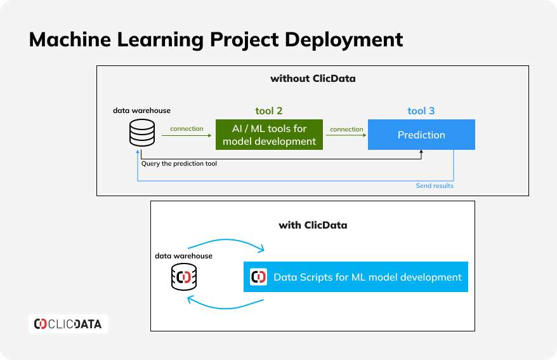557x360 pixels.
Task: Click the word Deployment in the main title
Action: pos(344,40)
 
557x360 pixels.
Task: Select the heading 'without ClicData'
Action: pos(313,79)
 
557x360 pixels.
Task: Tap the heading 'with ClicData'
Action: pos(313,225)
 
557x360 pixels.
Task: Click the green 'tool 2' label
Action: pos(269,111)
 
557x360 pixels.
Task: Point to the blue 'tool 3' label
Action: pos(421,111)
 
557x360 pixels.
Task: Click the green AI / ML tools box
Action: pos(269,135)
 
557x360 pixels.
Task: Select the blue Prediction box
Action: pos(421,135)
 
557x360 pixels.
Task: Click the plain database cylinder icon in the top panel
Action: pos(142,133)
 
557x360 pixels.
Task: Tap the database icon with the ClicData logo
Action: pos(184,277)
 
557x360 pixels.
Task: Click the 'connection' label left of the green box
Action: pos(187,129)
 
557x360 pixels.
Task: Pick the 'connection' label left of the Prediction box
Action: pos(347,130)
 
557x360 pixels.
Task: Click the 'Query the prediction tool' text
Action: pos(179,163)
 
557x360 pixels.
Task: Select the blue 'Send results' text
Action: pos(435,185)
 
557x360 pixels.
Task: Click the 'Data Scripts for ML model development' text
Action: pos(368,277)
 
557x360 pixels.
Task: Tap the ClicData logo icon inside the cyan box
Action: pos(259,277)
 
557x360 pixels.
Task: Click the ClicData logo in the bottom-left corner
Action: pos(69,324)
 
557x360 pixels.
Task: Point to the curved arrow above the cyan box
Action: pos(226,240)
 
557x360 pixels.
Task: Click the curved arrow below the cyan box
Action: pos(225,308)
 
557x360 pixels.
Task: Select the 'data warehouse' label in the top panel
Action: pos(141,110)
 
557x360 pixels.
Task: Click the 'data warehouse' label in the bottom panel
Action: pos(183,256)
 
